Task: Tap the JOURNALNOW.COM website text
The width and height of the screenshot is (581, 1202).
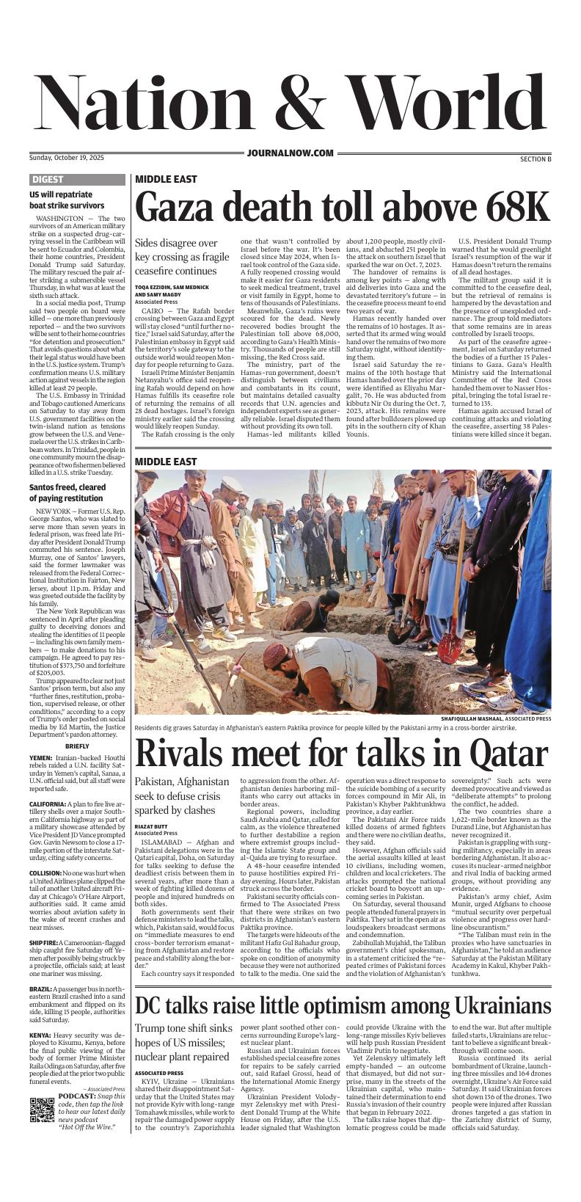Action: (x=290, y=153)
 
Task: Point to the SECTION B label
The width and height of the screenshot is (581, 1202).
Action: (x=530, y=159)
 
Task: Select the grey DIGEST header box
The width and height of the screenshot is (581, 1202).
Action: (x=48, y=180)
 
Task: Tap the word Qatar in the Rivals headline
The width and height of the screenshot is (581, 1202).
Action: (x=508, y=753)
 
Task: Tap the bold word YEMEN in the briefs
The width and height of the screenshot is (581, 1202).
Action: (x=40, y=757)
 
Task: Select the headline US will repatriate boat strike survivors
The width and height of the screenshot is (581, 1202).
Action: (x=67, y=200)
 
